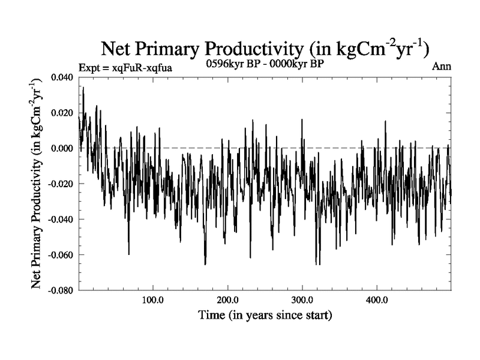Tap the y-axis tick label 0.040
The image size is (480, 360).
[62, 77]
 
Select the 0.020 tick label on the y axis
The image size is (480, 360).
[62, 112]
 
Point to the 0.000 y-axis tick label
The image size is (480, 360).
[62, 148]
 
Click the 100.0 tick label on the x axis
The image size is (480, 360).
[153, 299]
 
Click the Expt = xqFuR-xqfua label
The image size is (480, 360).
[125, 67]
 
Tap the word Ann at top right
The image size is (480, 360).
[441, 67]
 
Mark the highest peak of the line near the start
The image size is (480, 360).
[83, 88]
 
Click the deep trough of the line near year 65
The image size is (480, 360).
[128, 254]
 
